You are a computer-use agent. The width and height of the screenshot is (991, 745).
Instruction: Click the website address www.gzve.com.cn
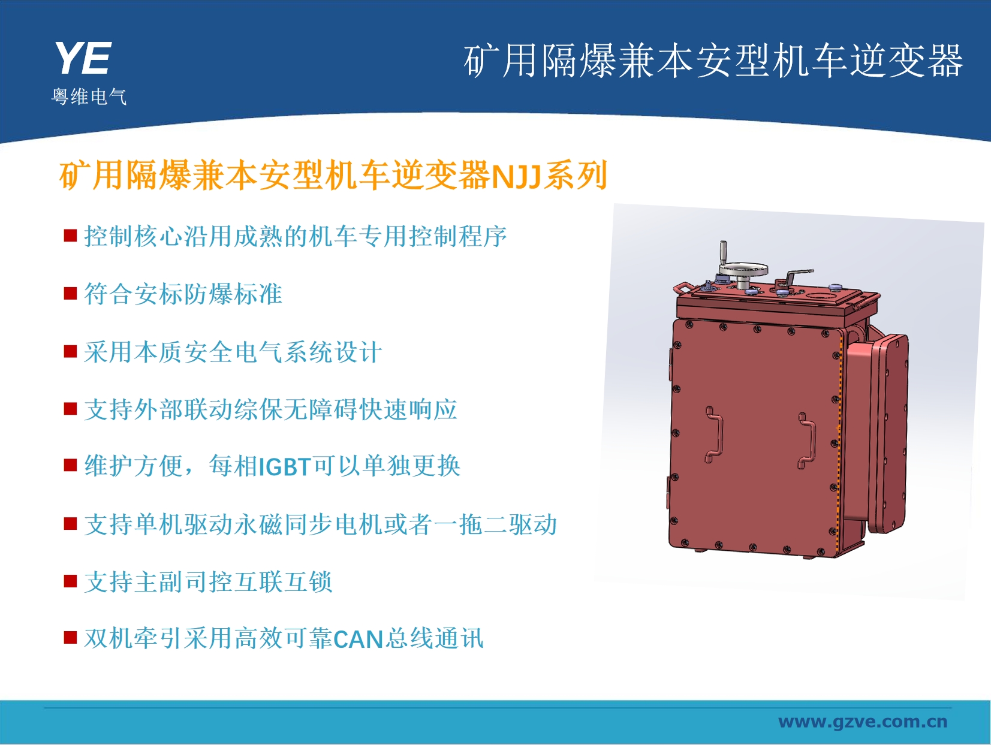pos(863,722)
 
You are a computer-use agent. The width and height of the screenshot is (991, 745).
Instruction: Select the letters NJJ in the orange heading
pos(516,176)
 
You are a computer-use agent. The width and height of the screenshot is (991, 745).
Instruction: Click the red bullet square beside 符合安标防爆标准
pos(70,293)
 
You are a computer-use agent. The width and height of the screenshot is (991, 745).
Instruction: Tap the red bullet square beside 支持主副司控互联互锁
pos(70,581)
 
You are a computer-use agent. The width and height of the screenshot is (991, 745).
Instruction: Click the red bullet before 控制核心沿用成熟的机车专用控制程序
pos(70,236)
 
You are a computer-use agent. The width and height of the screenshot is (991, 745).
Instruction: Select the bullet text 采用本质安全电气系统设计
pos(233,352)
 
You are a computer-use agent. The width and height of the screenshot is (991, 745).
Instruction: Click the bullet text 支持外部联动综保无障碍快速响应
pos(271,409)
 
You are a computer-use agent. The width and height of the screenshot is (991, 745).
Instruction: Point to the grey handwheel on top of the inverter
pos(743,270)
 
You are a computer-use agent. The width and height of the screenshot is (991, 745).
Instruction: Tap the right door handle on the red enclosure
pos(806,441)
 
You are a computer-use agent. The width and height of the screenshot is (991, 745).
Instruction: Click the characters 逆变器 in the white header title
pos(906,61)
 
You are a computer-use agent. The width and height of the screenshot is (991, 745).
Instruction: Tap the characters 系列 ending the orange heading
pos(575,176)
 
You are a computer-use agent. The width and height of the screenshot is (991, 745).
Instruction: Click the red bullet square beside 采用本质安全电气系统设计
pos(70,351)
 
